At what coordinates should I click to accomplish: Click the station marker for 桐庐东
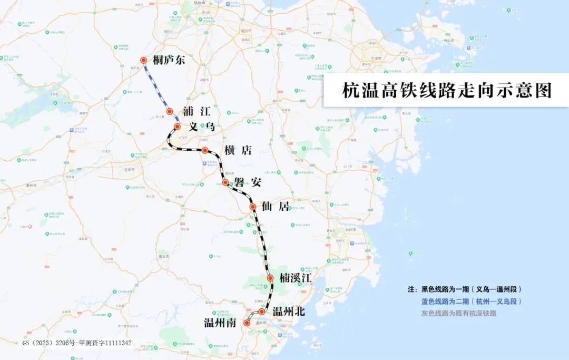[143, 61]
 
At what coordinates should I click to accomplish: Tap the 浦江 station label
[197, 111]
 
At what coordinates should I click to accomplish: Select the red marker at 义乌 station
[178, 127]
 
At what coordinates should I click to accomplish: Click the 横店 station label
[238, 150]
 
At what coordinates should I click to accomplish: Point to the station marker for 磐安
[225, 182]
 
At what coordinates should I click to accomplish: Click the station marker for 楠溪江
[270, 278]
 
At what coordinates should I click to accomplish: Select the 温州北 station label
[289, 312]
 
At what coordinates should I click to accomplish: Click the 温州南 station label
[220, 322]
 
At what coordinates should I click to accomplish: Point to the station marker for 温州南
[247, 323]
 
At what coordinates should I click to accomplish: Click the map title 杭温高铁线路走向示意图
[446, 90]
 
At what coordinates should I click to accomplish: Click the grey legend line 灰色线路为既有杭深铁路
[458, 313]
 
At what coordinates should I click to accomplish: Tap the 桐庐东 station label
[169, 60]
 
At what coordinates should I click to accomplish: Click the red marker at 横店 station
[205, 150]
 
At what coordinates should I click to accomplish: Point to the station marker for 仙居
[253, 207]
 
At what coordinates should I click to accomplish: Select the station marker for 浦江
[170, 111]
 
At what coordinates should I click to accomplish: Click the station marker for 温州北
[261, 312]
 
